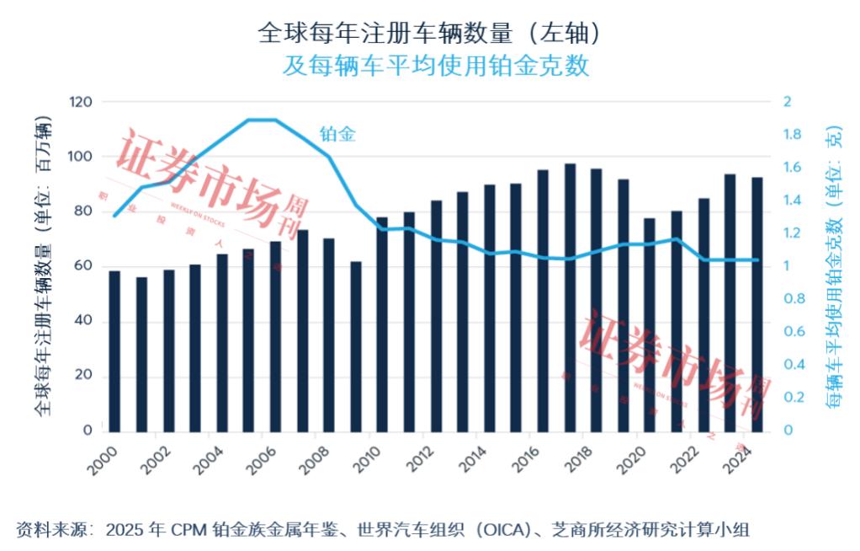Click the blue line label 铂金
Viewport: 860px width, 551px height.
337,133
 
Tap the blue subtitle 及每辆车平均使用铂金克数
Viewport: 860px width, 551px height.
435,66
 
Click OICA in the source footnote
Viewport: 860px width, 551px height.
504,530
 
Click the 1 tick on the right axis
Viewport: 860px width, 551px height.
788,266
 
